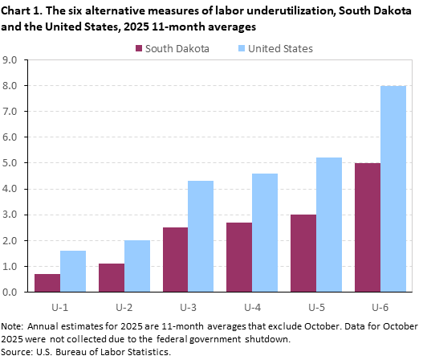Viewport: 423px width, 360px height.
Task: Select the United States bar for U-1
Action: pyautogui.click(x=72, y=271)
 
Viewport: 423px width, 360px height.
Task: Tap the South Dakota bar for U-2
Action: pyautogui.click(x=112, y=277)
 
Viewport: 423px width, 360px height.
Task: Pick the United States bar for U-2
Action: pyautogui.click(x=136, y=266)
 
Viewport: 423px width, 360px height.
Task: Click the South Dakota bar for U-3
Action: pyautogui.click(x=176, y=260)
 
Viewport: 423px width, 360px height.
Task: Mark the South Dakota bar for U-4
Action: pyautogui.click(x=240, y=257)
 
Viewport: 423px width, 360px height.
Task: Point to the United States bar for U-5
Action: pyautogui.click(x=329, y=224)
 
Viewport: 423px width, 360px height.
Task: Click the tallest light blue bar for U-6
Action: pyautogui.click(x=393, y=189)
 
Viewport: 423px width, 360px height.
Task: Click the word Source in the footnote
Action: pyautogui.click(x=18, y=350)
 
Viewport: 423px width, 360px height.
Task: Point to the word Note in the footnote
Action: pyautogui.click(x=14, y=327)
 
